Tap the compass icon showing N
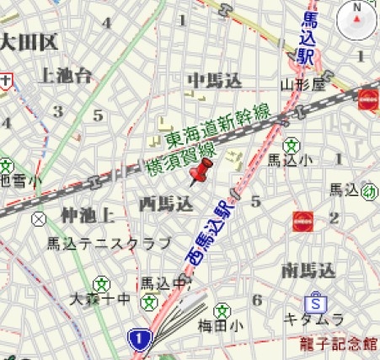pyautogui.click(x=357, y=20)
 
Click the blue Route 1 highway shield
pyautogui.click(x=139, y=340)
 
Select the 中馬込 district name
pyautogui.click(x=214, y=80)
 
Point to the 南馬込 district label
pyautogui.click(x=309, y=271)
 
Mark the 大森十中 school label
pyautogui.click(x=100, y=298)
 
